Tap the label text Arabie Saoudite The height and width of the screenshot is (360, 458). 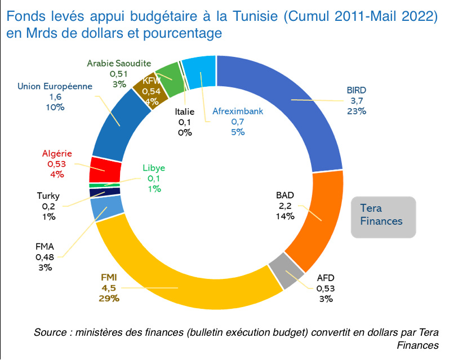coord(119,63)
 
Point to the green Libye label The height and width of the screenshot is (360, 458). coord(154,168)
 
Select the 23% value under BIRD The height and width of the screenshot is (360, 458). coord(357,111)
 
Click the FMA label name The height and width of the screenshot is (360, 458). coord(45,246)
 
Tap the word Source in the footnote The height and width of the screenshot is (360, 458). coord(50,332)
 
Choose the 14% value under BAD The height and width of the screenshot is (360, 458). coord(286,216)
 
